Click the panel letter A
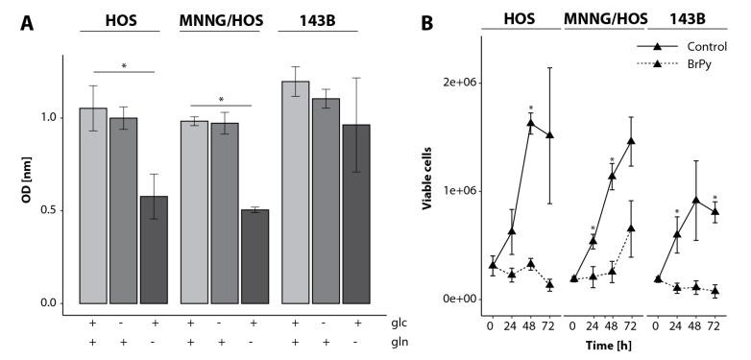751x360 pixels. tap(30, 21)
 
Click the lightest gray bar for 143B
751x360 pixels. tap(295, 192)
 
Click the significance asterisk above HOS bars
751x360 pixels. tap(123, 66)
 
